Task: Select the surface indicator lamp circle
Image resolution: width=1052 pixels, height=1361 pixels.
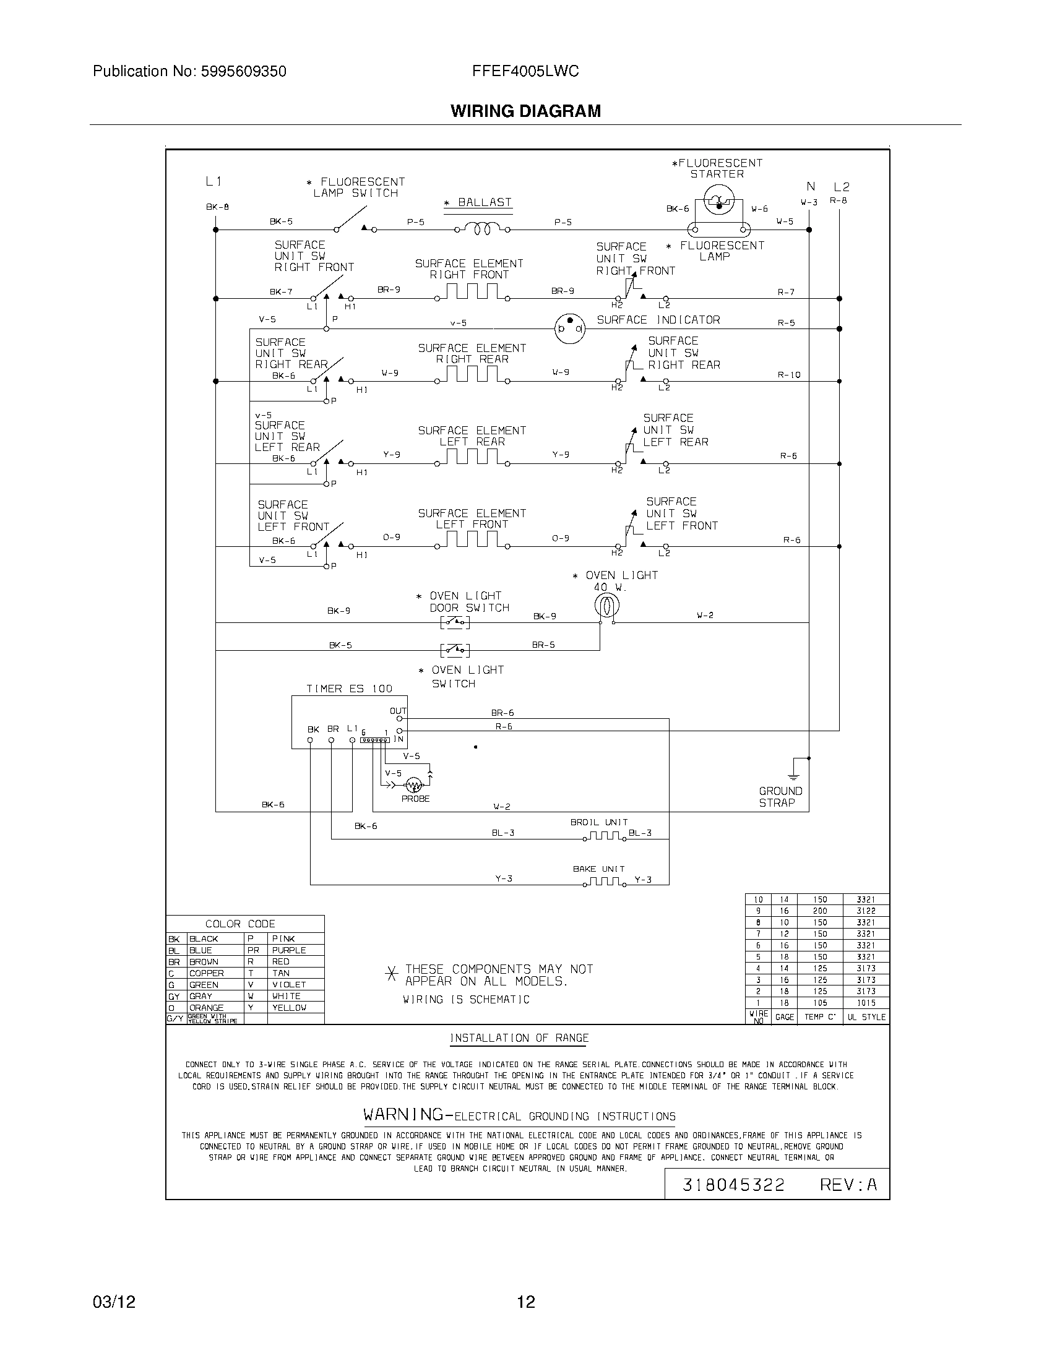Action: [569, 328]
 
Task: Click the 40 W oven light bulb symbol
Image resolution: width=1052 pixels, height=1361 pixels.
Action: [606, 604]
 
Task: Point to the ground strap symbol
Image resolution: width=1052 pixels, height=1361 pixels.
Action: [793, 770]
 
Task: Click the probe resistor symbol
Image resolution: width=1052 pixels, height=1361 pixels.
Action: [413, 784]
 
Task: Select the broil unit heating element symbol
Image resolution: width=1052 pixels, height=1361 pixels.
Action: [605, 836]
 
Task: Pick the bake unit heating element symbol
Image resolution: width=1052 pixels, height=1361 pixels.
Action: [605, 882]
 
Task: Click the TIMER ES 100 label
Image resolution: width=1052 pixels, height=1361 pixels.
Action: [349, 689]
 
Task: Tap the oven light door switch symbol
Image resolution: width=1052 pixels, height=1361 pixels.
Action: [455, 622]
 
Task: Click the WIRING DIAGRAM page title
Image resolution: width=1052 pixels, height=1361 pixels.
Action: [525, 111]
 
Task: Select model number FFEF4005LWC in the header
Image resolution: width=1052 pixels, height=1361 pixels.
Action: [525, 71]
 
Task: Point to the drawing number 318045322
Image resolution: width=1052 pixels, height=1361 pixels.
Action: [733, 1185]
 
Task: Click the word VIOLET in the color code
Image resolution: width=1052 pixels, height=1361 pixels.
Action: [288, 985]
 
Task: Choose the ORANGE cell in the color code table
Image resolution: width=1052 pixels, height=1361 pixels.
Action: [206, 1008]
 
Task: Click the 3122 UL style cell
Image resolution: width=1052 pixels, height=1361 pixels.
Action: [866, 911]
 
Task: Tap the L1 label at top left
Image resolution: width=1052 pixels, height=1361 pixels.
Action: [213, 181]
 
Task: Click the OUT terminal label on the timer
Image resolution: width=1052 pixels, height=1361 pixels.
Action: [398, 711]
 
